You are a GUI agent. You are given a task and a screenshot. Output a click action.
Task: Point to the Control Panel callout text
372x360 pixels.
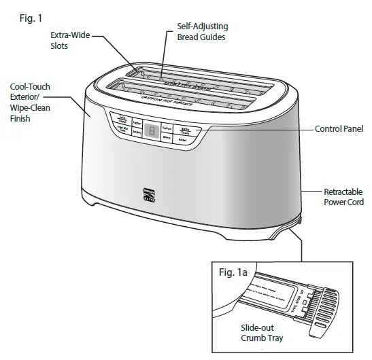pyautogui.click(x=338, y=128)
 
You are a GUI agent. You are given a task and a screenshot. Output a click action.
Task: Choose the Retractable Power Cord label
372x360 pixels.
pyautogui.click(x=340, y=196)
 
